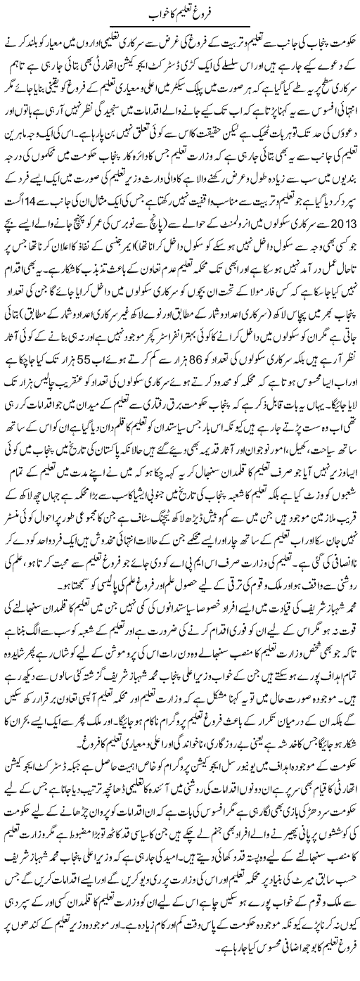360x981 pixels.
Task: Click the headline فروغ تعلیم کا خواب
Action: tap(180, 11)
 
